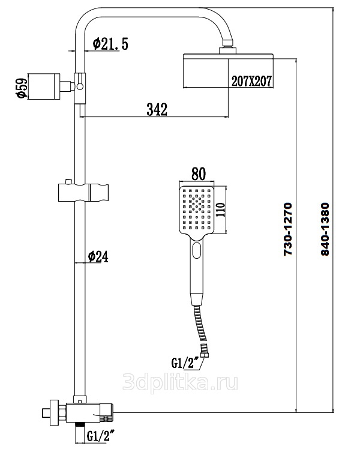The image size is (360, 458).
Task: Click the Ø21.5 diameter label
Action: point(110,44)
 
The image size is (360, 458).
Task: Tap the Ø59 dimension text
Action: point(22,87)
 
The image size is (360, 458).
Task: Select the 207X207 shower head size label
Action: point(251,81)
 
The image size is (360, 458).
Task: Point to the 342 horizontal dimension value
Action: point(157,109)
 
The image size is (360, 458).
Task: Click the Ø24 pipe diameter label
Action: point(98,256)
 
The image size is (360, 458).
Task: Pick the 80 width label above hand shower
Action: point(199,174)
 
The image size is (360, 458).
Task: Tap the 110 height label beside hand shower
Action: point(220,209)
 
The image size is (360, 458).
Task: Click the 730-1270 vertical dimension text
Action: point(288,229)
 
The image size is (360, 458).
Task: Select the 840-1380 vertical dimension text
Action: point(325,229)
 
